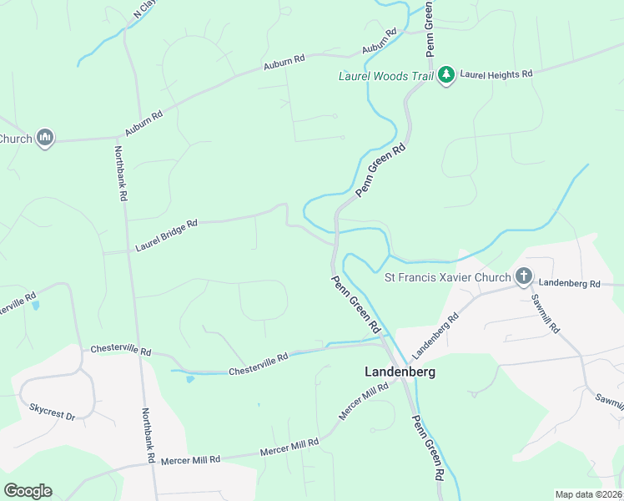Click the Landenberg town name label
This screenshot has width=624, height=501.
[x=400, y=372]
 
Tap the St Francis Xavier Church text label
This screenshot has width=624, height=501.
[x=448, y=276]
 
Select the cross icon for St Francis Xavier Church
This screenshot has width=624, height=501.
[x=524, y=276]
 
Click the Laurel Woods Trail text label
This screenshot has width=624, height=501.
[x=385, y=76]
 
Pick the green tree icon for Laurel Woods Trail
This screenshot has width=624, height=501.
[x=446, y=75]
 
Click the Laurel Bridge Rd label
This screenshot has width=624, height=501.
[x=167, y=236]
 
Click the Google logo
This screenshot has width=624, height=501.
[x=28, y=491]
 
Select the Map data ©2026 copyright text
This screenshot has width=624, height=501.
[x=588, y=494]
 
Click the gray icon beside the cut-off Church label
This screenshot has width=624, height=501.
[x=45, y=139]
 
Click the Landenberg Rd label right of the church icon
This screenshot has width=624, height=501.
[x=569, y=284]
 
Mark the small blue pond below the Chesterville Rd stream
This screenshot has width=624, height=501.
[x=190, y=379]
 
